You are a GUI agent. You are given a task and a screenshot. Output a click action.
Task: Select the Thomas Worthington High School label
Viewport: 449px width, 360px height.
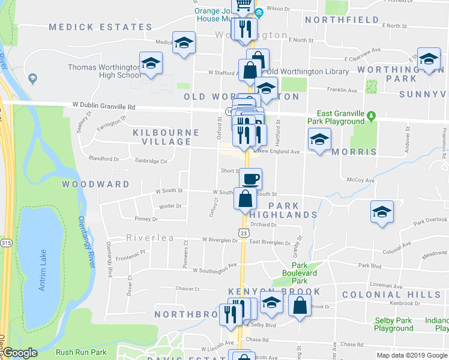[104, 71]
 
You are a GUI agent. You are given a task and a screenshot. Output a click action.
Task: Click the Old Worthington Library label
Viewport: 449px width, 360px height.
[307, 72]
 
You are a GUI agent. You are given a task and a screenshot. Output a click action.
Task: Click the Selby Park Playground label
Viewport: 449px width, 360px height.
[394, 325]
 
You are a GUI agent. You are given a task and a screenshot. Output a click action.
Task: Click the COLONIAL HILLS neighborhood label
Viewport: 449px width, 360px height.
[391, 295]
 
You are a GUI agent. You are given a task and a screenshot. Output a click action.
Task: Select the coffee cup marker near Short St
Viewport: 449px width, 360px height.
[251, 178]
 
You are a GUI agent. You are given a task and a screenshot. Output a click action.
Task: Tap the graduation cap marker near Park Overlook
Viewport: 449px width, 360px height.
[381, 212]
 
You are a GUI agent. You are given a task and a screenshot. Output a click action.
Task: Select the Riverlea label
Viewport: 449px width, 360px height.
[150, 238]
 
